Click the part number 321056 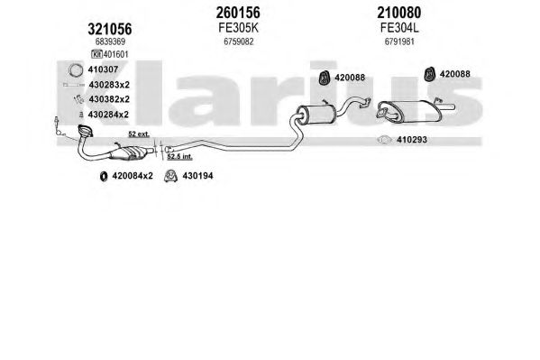(110, 29)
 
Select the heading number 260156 (238, 13)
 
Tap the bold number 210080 (399, 13)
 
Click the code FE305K (238, 28)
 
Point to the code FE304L (399, 28)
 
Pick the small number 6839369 (110, 42)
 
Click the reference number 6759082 (238, 42)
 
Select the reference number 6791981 (399, 42)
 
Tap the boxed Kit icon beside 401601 (96, 54)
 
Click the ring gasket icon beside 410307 (76, 70)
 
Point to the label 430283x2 (109, 85)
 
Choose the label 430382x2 (109, 99)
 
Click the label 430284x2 (108, 115)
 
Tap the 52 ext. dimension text (139, 134)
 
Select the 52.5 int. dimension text (179, 157)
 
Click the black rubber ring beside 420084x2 (104, 176)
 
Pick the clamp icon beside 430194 (170, 176)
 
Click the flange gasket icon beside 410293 (384, 140)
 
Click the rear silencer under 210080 (410, 111)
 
